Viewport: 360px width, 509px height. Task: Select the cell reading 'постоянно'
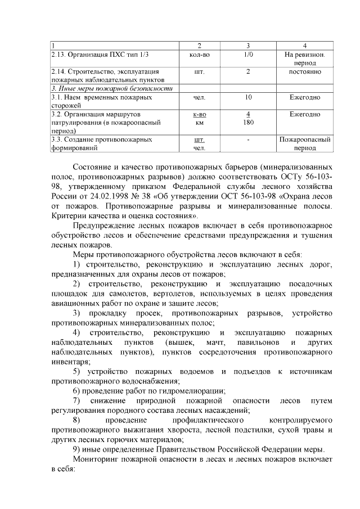pyautogui.click(x=304, y=72)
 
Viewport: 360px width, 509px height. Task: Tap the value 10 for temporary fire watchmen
pyautogui.click(x=247, y=97)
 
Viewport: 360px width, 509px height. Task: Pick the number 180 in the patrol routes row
pyautogui.click(x=247, y=122)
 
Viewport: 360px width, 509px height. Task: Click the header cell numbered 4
pyautogui.click(x=304, y=45)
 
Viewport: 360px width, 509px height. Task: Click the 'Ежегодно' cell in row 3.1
pyautogui.click(x=304, y=97)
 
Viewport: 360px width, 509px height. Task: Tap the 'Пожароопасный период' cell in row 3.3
pyautogui.click(x=304, y=143)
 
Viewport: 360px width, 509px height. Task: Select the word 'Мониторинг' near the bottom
pyautogui.click(x=99, y=460)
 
